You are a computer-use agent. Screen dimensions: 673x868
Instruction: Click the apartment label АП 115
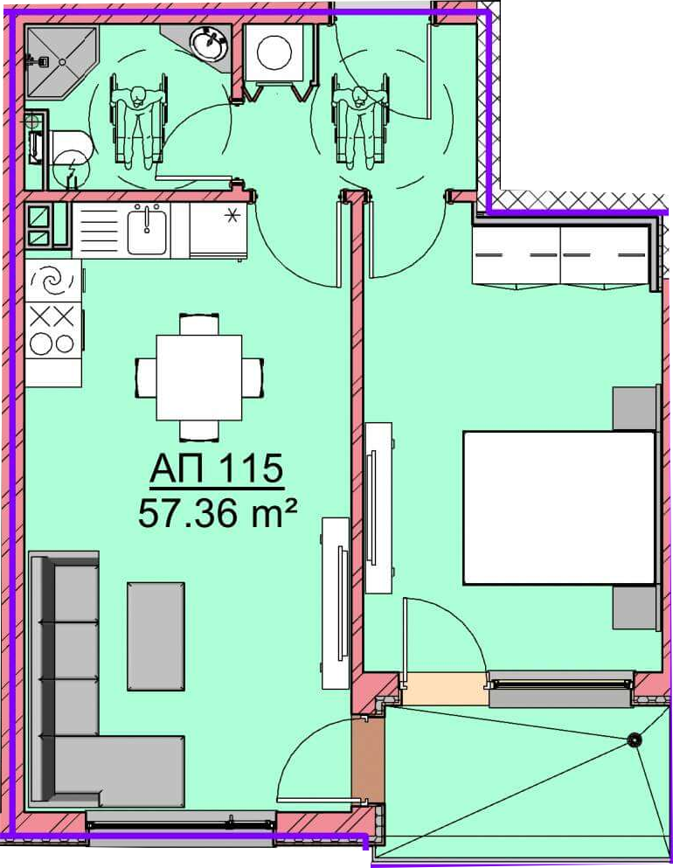click(217, 469)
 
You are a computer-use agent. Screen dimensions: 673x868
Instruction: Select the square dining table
click(199, 378)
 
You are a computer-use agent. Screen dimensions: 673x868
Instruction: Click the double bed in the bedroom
click(559, 508)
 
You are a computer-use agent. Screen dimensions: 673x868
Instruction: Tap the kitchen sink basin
click(147, 230)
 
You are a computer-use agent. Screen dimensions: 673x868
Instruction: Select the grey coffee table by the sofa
click(156, 636)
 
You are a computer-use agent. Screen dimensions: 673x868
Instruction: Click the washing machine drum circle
click(274, 52)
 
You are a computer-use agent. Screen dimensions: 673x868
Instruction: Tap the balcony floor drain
click(635, 739)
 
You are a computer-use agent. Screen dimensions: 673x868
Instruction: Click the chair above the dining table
click(199, 324)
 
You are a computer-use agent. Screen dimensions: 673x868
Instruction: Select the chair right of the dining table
click(253, 378)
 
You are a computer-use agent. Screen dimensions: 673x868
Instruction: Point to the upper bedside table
click(636, 408)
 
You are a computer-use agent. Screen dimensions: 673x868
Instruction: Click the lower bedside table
click(636, 608)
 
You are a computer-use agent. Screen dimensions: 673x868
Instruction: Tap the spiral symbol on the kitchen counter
click(53, 281)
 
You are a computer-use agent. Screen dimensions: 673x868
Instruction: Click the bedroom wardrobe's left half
click(516, 255)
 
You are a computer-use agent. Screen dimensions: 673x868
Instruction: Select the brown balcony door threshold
click(368, 760)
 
